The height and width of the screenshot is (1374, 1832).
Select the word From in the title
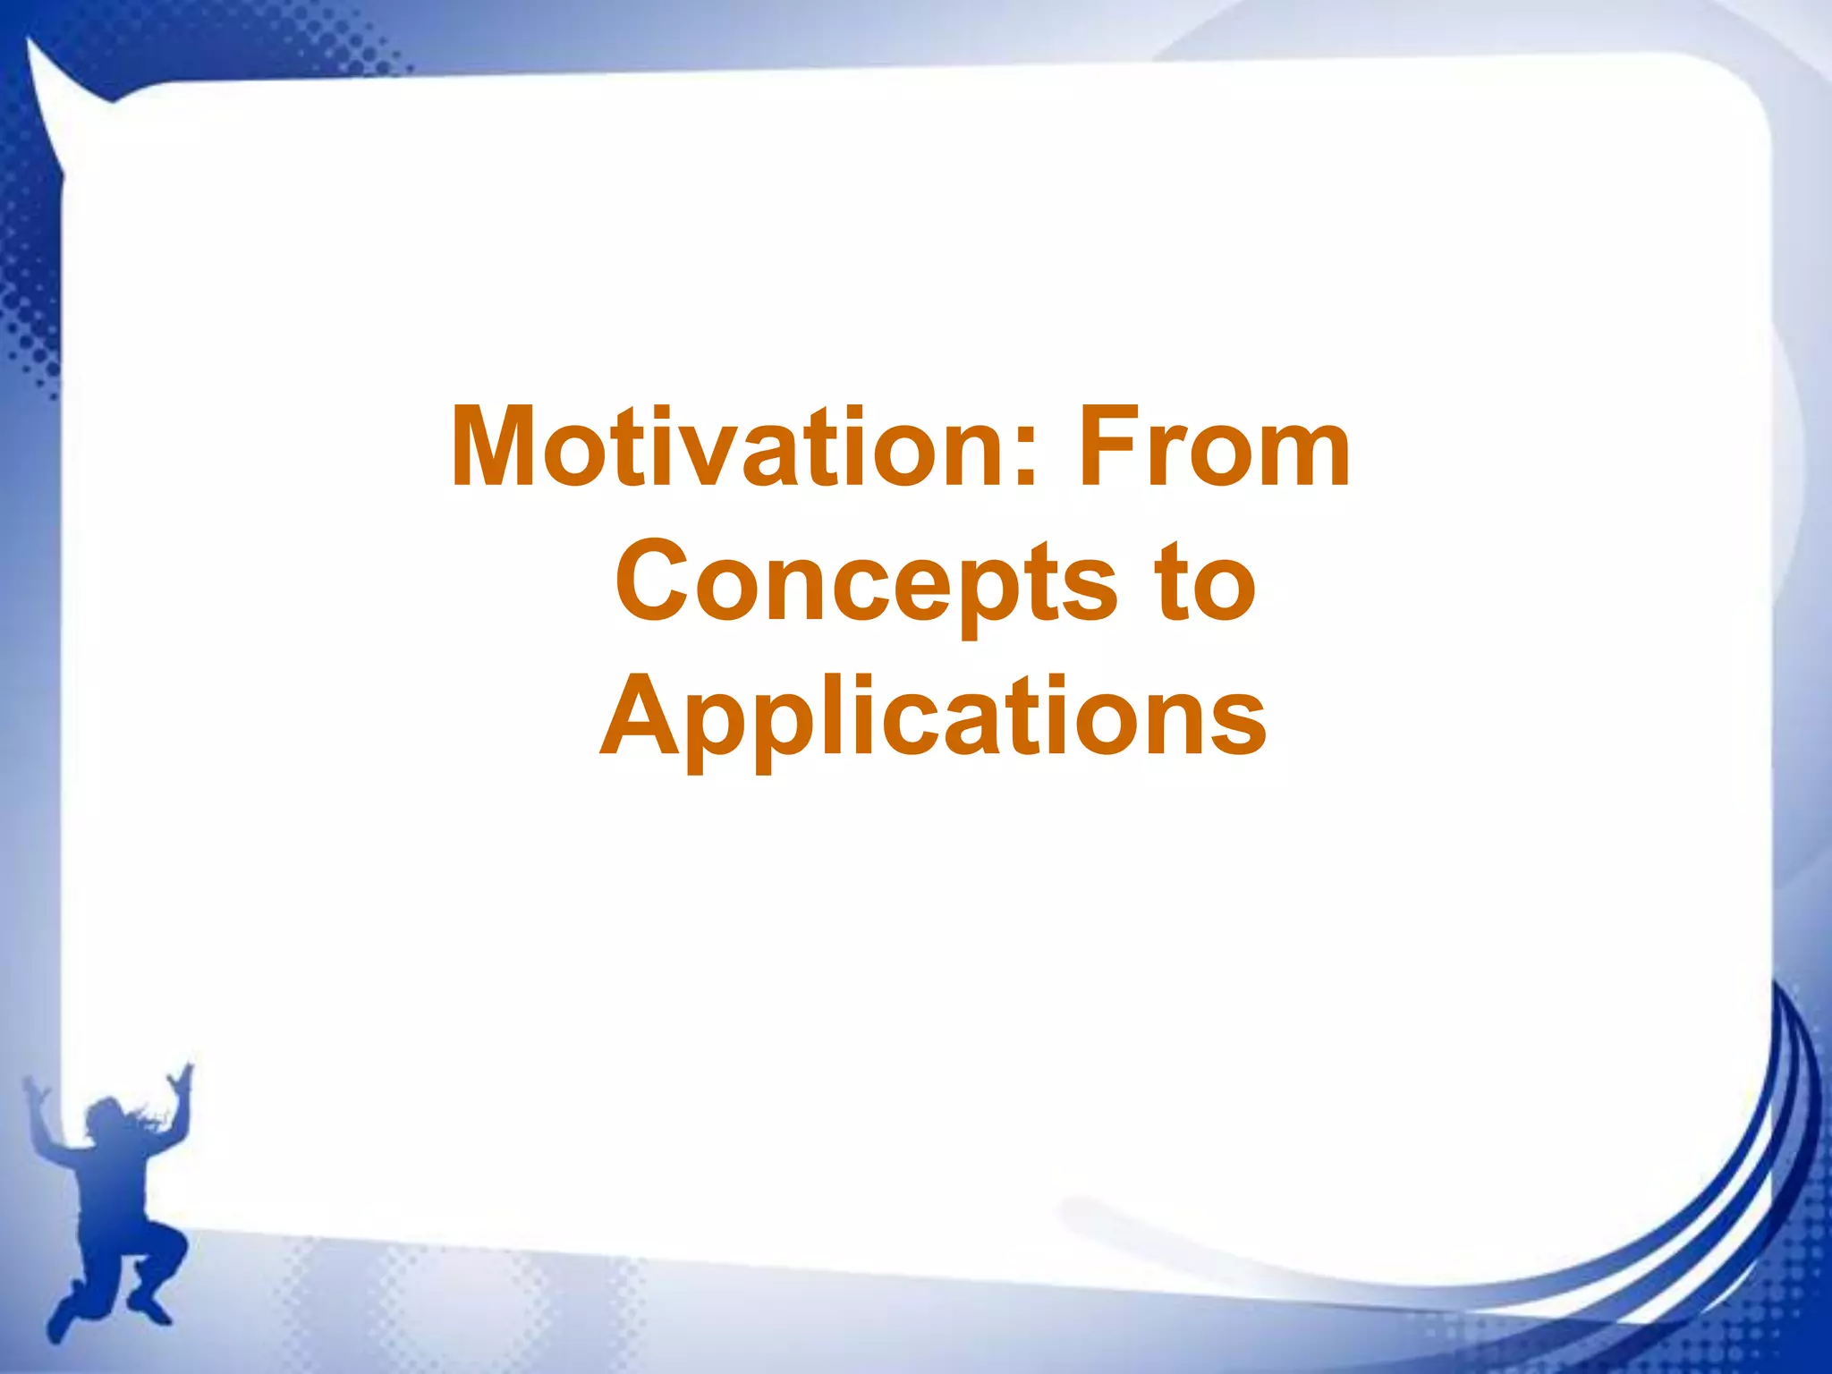tap(1214, 447)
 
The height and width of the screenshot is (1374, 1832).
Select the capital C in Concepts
tap(651, 581)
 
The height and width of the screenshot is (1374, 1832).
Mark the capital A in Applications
tap(637, 716)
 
